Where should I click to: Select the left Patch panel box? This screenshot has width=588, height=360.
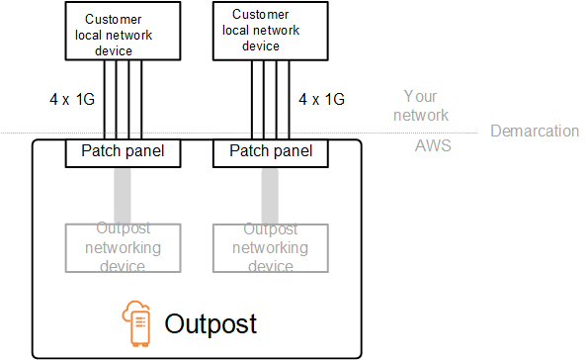115,151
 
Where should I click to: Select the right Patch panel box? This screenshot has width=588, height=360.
270,151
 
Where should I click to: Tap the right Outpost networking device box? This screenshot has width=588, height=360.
270,247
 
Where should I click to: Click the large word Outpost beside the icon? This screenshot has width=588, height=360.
210,324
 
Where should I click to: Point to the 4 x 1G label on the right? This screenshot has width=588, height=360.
322,99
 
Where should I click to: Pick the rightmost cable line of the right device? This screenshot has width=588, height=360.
289,99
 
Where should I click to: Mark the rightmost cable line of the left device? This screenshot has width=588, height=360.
141,99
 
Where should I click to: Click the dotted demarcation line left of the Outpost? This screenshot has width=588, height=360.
16,134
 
